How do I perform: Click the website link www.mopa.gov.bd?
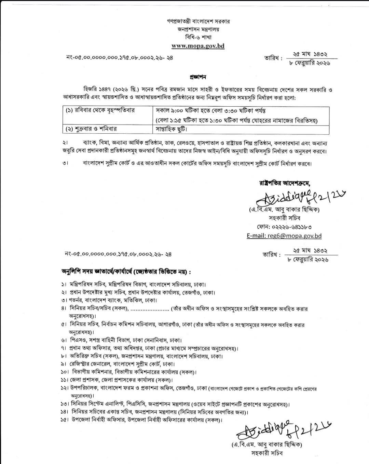point(198,46)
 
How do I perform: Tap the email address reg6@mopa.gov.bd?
point(284,236)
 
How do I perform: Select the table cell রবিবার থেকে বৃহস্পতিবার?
point(100,110)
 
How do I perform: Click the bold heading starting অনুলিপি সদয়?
point(126,272)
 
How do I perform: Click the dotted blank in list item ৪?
point(150,309)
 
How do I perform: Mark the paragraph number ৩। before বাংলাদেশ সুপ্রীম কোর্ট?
point(66,163)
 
